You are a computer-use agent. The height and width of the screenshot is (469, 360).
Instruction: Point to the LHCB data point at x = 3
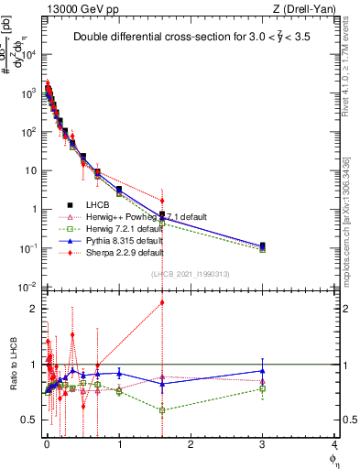coord(263,245)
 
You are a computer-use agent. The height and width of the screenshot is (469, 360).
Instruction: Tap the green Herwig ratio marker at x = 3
coord(263,388)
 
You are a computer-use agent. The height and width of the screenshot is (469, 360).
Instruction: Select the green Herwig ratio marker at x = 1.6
coord(162,410)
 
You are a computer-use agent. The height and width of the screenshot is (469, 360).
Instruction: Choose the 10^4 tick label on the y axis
coord(29,55)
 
